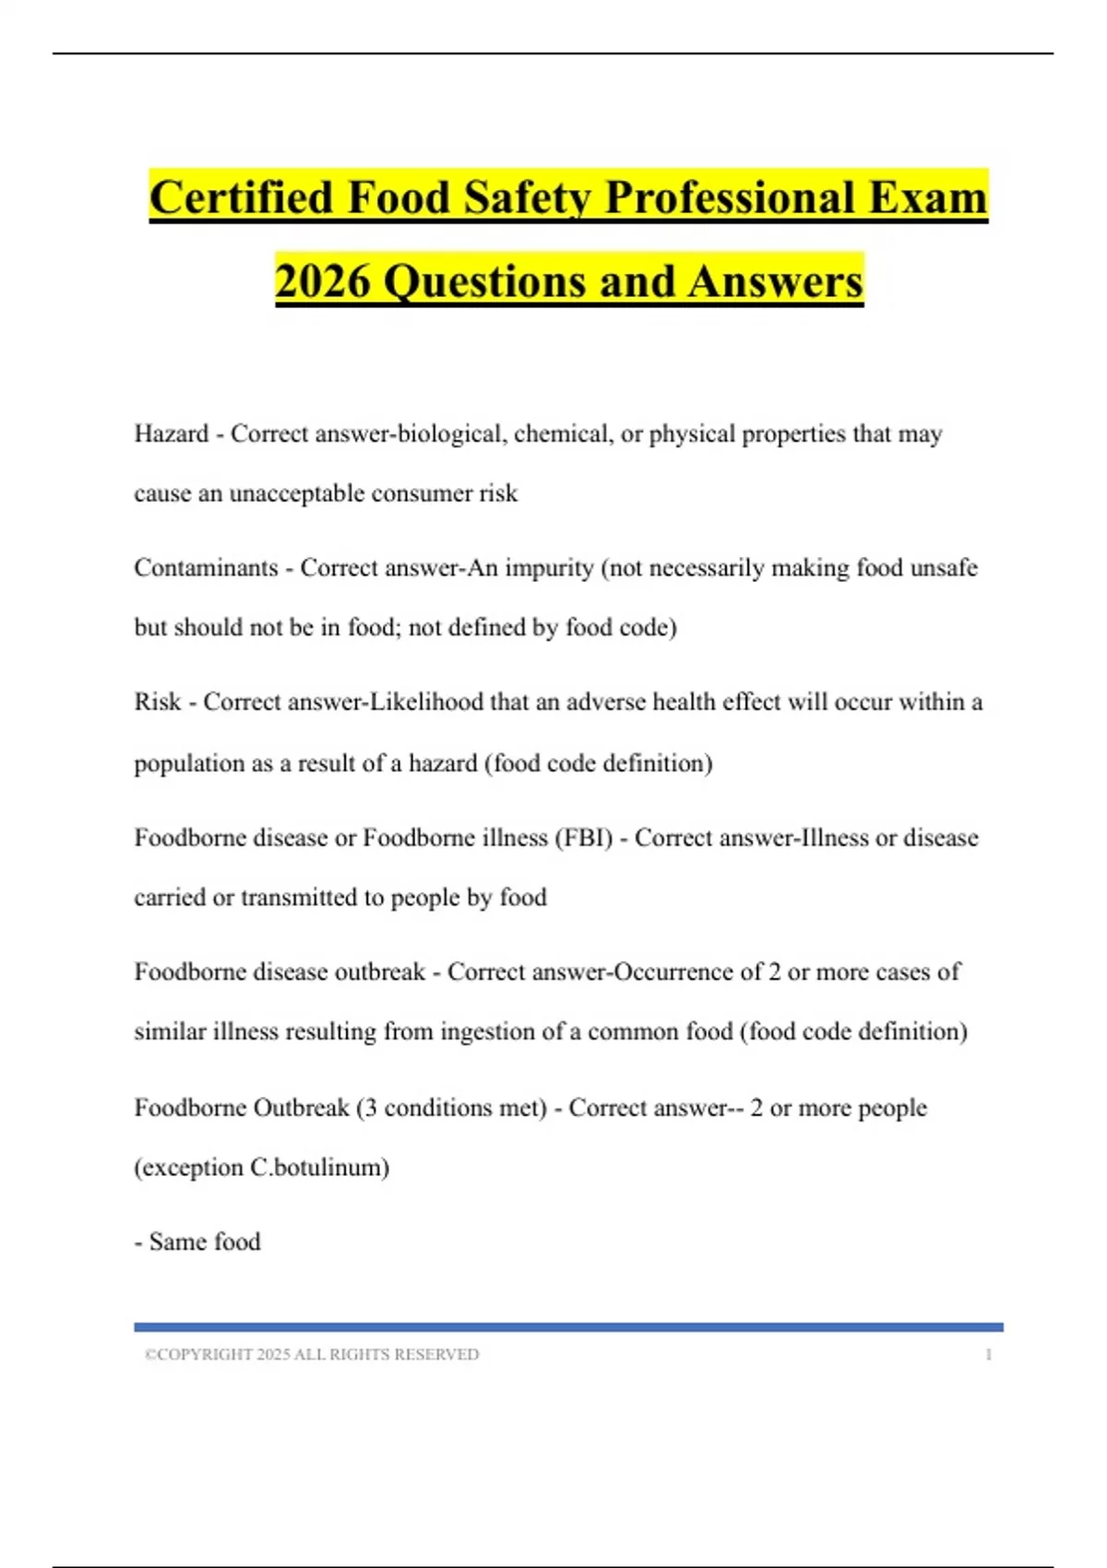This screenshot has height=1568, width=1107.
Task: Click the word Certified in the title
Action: click(241, 197)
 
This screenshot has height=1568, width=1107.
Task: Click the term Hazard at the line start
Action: click(172, 434)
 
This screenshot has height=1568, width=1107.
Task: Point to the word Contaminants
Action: click(206, 567)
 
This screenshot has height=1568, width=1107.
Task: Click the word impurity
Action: click(552, 567)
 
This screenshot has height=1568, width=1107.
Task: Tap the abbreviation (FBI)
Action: click(583, 837)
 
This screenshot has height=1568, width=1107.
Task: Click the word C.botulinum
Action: click(319, 1167)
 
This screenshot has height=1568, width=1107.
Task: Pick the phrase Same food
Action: click(205, 1241)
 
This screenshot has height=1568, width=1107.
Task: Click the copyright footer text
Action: click(312, 1354)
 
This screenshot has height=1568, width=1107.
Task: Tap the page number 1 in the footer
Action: click(989, 1354)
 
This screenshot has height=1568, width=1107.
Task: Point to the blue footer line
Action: click(568, 1327)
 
